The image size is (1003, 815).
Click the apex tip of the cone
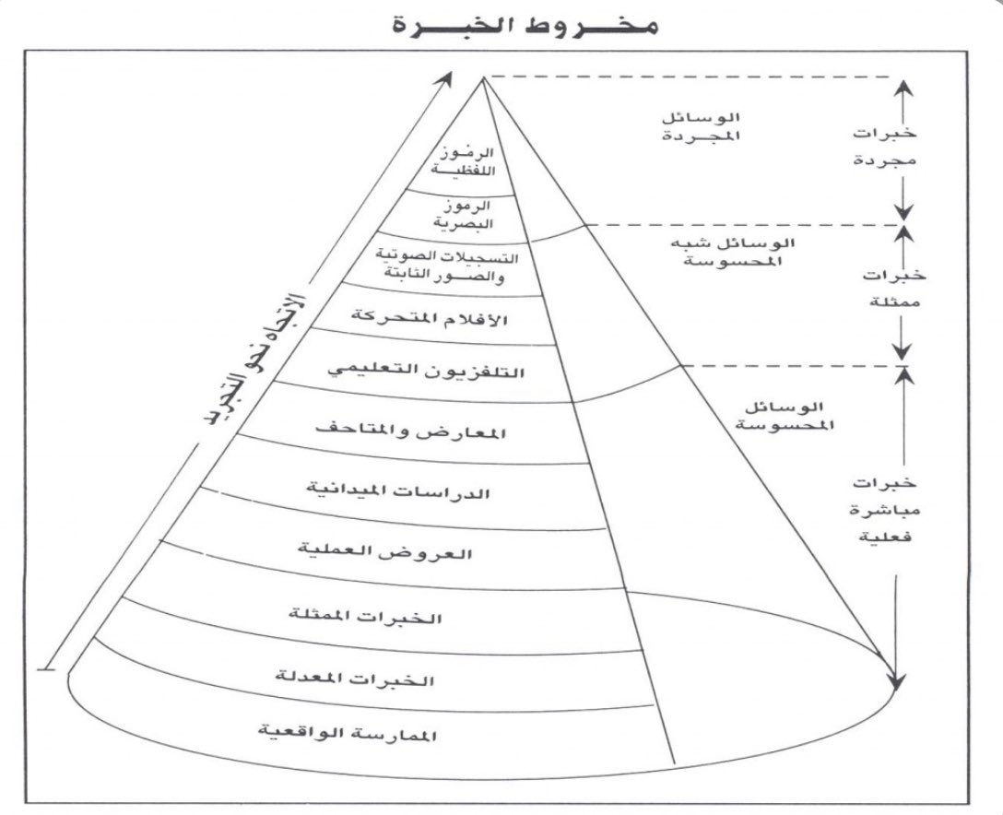click(482, 79)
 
